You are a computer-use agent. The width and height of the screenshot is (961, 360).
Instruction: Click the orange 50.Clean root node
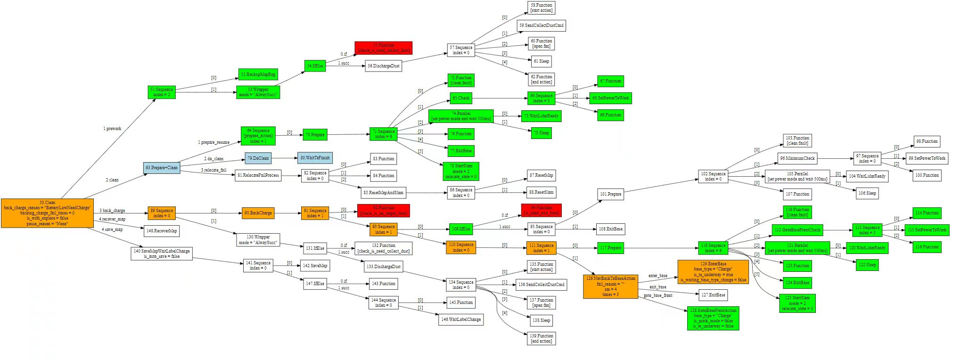tap(47, 213)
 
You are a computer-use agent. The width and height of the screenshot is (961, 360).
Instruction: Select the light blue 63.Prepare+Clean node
tap(162, 168)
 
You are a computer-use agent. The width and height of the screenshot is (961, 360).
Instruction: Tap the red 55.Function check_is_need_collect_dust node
tap(383, 48)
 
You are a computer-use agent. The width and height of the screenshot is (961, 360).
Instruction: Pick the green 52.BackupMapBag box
tap(258, 74)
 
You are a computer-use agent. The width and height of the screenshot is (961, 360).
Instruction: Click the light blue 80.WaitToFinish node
tap(315, 158)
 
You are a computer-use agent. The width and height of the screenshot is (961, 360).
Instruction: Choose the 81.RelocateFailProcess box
tap(258, 175)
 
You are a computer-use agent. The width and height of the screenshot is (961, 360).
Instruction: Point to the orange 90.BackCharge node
tap(258, 213)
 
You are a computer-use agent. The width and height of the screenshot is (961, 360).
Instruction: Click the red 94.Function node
tap(541, 210)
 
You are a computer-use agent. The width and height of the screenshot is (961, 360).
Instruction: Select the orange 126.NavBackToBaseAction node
tap(610, 286)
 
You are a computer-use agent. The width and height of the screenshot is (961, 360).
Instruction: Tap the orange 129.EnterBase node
tap(713, 272)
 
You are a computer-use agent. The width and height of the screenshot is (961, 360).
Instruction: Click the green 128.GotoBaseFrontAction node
tap(713, 318)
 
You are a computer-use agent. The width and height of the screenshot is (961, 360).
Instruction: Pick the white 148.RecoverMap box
tap(162, 231)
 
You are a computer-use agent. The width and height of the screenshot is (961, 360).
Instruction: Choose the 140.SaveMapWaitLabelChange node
tap(162, 254)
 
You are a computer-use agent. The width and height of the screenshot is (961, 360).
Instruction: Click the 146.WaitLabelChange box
tap(461, 319)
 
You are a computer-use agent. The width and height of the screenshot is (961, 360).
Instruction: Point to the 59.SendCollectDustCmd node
tap(541, 25)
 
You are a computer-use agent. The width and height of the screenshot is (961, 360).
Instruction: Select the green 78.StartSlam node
tap(461, 171)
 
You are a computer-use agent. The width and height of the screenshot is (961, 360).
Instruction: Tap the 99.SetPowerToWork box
tap(927, 158)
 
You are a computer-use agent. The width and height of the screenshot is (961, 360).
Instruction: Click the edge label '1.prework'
tap(112, 129)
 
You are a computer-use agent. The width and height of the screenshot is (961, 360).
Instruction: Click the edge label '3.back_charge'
tap(112, 211)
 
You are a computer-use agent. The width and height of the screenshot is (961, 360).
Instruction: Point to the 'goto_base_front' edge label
tap(658, 295)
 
